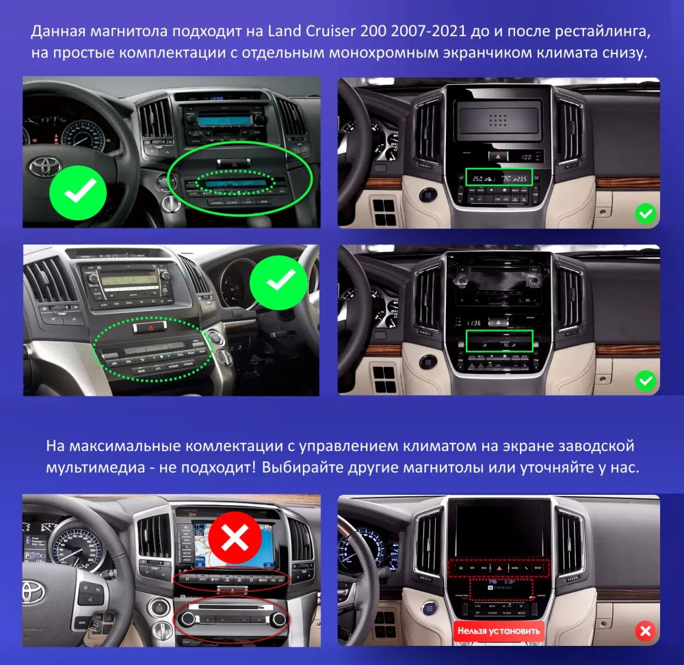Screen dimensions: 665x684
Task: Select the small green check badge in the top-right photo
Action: [x=644, y=214]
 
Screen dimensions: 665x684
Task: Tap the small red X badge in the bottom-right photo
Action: [x=644, y=629]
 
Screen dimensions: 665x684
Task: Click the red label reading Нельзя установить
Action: [x=499, y=631]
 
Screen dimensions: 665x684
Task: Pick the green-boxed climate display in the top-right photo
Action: [x=499, y=178]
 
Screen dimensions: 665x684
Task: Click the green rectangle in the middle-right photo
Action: [x=499, y=341]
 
